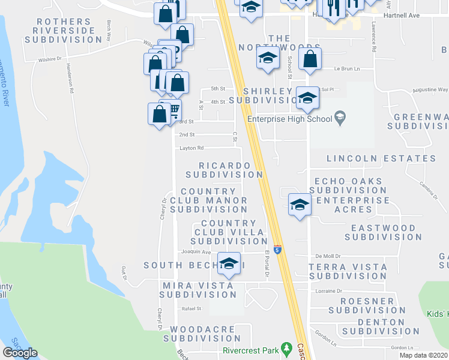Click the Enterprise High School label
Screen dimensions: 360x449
(290, 119)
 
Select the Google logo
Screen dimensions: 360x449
(20, 353)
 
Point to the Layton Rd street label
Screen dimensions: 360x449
(191, 148)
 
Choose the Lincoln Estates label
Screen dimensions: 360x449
(381, 158)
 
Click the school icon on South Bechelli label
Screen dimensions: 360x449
(228, 263)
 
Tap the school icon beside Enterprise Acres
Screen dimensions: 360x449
(299, 205)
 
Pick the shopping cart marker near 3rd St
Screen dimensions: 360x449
(173, 110)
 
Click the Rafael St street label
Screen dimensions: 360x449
(191, 308)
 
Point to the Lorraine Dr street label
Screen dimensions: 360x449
(328, 290)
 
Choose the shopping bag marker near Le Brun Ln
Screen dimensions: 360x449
(310, 59)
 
